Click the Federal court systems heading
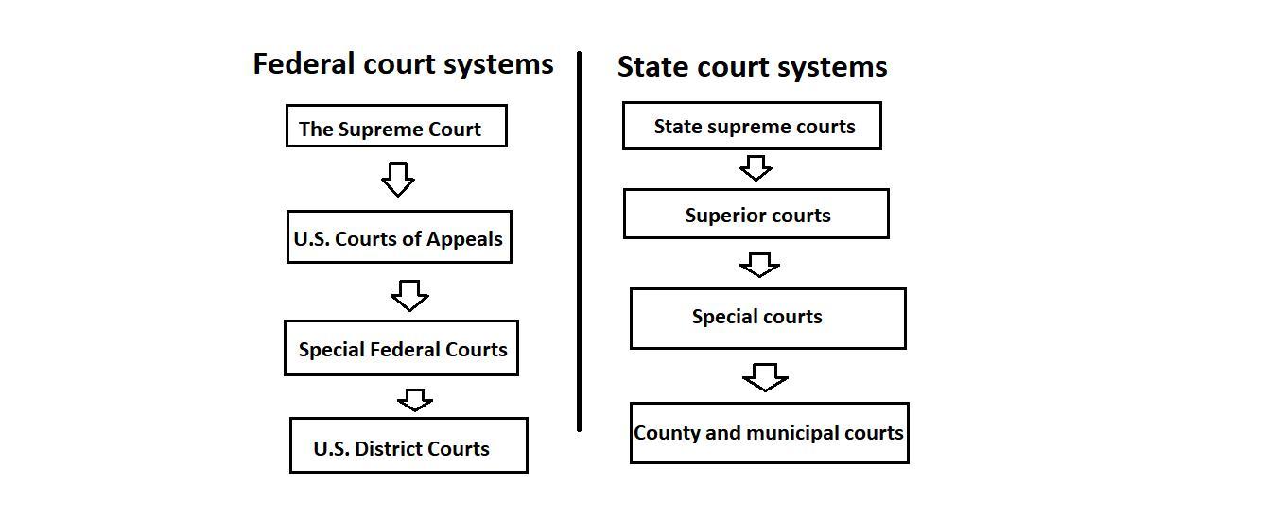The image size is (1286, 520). point(403,64)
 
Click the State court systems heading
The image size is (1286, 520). point(752,67)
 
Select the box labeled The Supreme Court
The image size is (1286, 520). point(396,127)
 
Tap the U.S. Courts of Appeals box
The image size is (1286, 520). point(398,237)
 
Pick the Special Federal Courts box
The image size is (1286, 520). point(401,348)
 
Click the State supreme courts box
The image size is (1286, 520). point(752,126)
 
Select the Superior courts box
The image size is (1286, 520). point(756,214)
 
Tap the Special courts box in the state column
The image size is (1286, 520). point(768,319)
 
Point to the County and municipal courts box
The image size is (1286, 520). point(769,433)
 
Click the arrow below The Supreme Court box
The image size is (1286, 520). point(397,179)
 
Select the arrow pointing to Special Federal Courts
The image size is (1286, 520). point(409,295)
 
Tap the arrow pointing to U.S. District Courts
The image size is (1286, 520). point(414,400)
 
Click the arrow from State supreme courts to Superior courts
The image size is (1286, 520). point(755,168)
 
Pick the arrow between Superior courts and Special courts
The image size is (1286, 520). point(759,265)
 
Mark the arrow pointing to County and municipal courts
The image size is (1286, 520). point(765,377)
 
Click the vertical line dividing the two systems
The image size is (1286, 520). point(579,241)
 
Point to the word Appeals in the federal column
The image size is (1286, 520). point(464,239)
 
